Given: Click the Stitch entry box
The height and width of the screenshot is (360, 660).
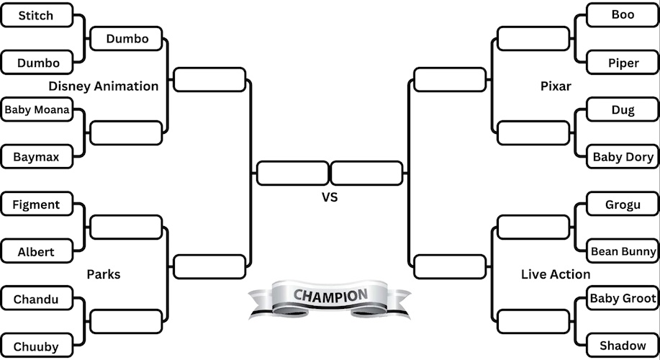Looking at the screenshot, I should pyautogui.click(x=36, y=15).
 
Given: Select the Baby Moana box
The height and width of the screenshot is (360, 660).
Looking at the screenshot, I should pyautogui.click(x=37, y=110).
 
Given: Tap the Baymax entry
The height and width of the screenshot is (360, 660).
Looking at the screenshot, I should pyautogui.click(x=36, y=156).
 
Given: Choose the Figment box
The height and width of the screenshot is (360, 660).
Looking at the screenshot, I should pyautogui.click(x=36, y=204).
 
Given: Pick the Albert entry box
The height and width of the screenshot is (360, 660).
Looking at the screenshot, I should pyautogui.click(x=36, y=252).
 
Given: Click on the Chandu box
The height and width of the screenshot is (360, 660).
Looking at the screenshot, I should pyautogui.click(x=36, y=299).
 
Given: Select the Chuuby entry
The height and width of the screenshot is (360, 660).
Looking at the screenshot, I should pyautogui.click(x=36, y=346).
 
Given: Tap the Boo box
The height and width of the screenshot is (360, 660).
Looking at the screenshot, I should pyautogui.click(x=623, y=15).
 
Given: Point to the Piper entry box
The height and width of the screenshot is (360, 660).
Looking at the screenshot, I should pyautogui.click(x=623, y=63).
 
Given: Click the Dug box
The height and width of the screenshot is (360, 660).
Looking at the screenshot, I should pyautogui.click(x=623, y=110).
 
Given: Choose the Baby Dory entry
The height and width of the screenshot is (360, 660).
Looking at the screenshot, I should pyautogui.click(x=623, y=157).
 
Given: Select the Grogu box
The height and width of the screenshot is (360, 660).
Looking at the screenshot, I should pyautogui.click(x=623, y=204).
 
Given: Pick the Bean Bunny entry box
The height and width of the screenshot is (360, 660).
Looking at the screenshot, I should pyautogui.click(x=623, y=251).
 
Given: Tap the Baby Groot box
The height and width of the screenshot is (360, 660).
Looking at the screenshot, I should pyautogui.click(x=623, y=298).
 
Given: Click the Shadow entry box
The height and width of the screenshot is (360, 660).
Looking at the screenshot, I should pyautogui.click(x=623, y=346).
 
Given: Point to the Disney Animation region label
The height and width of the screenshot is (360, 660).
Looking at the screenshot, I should pyautogui.click(x=104, y=86).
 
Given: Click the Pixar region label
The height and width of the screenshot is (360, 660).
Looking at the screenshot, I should pyautogui.click(x=556, y=86).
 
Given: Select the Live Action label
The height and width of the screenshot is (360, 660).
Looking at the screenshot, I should pyautogui.click(x=556, y=274).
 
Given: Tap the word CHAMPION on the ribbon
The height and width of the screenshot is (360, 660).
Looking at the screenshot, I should pyautogui.click(x=330, y=295).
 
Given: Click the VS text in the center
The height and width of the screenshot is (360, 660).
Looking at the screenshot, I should pyautogui.click(x=329, y=197).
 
